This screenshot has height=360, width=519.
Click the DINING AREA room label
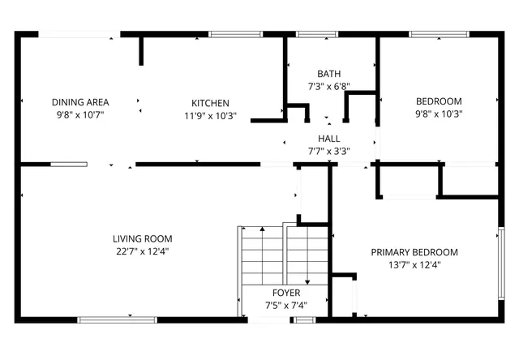point(80,102)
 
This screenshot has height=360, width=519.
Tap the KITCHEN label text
point(210,103)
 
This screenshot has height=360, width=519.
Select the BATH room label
point(328,73)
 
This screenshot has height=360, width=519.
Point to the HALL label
point(328,139)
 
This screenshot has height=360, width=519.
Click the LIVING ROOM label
point(142,238)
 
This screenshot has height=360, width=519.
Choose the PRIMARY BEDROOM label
point(414,252)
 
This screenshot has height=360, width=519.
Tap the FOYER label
point(285,293)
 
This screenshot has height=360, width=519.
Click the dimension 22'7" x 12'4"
point(142,251)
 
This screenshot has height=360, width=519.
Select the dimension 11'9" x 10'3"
point(210,115)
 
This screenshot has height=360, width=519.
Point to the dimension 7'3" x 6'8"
point(328,86)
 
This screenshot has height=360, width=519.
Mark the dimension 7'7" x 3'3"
point(328,151)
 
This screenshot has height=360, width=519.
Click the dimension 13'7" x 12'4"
point(414,264)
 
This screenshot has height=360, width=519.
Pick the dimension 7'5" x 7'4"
point(285,305)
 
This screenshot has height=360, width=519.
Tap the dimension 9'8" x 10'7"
point(80,115)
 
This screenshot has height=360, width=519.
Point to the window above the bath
point(317,34)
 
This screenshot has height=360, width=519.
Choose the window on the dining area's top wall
point(79,34)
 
